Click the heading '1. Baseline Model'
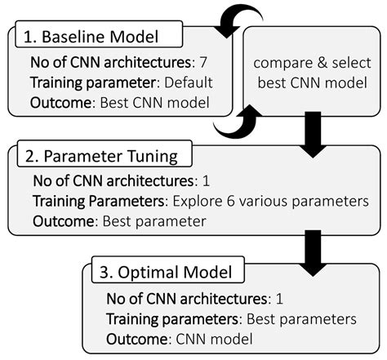pos(90,38)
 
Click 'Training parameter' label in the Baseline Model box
pos(79,82)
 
